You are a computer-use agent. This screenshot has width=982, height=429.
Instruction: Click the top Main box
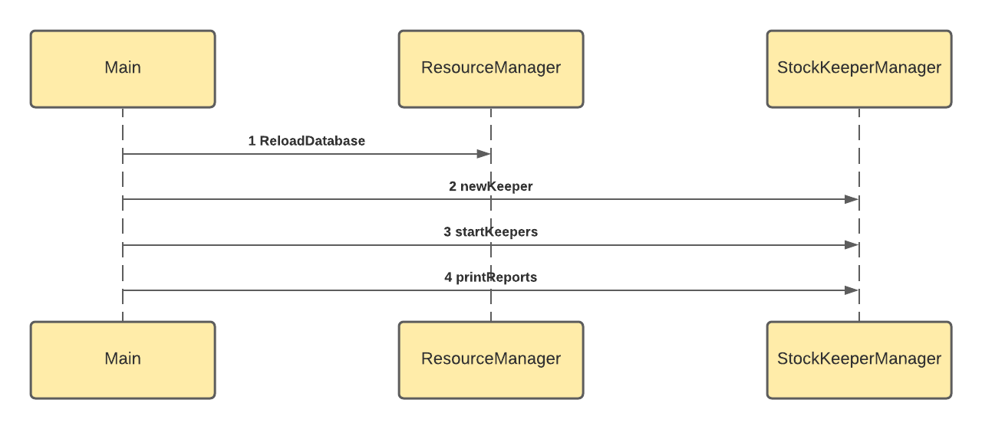pyautogui.click(x=123, y=68)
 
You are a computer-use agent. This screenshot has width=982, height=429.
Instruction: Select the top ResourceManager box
pyautogui.click(x=491, y=68)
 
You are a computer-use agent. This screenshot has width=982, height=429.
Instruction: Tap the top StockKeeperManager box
pyautogui.click(x=858, y=68)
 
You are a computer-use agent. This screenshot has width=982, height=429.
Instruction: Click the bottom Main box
pyautogui.click(x=123, y=359)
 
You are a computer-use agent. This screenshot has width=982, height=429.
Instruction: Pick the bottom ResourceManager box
pyautogui.click(x=491, y=359)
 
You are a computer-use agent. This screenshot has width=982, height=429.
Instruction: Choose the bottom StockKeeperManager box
pyautogui.click(x=858, y=359)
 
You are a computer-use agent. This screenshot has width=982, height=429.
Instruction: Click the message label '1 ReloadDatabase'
pyautogui.click(x=307, y=141)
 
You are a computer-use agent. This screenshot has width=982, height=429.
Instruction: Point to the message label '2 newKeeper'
pyautogui.click(x=491, y=186)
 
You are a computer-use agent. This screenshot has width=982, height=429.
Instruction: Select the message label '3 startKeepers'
pyautogui.click(x=491, y=232)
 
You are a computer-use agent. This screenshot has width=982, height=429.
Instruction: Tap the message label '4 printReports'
pyautogui.click(x=491, y=277)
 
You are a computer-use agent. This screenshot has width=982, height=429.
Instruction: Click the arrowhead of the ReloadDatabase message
pyautogui.click(x=483, y=154)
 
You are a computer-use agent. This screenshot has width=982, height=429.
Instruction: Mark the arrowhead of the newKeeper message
pyautogui.click(x=852, y=199)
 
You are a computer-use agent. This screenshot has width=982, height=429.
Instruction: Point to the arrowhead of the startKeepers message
pyautogui.click(x=852, y=245)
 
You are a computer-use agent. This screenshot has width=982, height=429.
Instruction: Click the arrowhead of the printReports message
pyautogui.click(x=852, y=290)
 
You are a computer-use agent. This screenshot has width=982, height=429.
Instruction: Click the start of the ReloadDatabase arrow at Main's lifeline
pyautogui.click(x=124, y=154)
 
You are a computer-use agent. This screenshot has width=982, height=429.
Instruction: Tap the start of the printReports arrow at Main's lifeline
pyautogui.click(x=124, y=290)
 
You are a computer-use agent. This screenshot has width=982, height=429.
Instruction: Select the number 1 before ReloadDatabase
pyautogui.click(x=252, y=141)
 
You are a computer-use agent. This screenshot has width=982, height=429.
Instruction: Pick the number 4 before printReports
pyautogui.click(x=448, y=277)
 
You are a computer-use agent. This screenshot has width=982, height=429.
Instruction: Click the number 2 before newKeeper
pyautogui.click(x=453, y=186)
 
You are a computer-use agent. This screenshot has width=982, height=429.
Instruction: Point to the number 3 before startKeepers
pyautogui.click(x=447, y=232)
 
